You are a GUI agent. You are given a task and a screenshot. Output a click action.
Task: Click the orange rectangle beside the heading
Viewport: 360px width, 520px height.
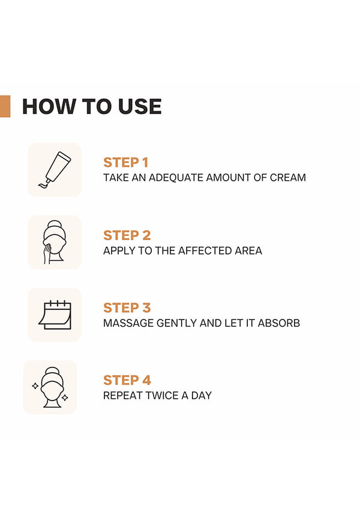click(x=5, y=106)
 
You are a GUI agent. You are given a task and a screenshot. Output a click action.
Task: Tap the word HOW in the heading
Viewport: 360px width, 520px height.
click(x=49, y=106)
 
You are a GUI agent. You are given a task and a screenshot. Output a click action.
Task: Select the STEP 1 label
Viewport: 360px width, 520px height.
click(x=125, y=163)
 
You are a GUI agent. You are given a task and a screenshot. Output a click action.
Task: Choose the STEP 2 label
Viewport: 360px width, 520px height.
click(x=127, y=235)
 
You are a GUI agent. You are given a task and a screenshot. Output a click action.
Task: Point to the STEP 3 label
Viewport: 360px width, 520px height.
click(x=127, y=308)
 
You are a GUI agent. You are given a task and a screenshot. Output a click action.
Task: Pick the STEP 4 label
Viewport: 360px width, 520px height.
click(x=127, y=380)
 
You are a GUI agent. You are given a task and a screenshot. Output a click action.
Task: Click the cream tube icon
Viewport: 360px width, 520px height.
click(x=55, y=170)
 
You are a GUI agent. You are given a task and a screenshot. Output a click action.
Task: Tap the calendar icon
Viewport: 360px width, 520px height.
click(x=55, y=315)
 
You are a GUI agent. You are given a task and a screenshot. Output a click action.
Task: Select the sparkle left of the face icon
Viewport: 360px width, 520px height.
click(x=35, y=385)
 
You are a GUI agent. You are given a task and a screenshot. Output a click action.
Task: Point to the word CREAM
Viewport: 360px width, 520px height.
click(x=288, y=178)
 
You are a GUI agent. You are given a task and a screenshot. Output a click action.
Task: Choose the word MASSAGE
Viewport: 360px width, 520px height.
click(x=128, y=323)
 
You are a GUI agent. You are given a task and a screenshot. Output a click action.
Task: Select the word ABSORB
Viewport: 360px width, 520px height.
click(x=279, y=323)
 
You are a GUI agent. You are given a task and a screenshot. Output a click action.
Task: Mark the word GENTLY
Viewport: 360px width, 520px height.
click(x=176, y=323)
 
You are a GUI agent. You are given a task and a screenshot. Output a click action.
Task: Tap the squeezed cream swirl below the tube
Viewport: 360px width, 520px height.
click(x=44, y=185)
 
